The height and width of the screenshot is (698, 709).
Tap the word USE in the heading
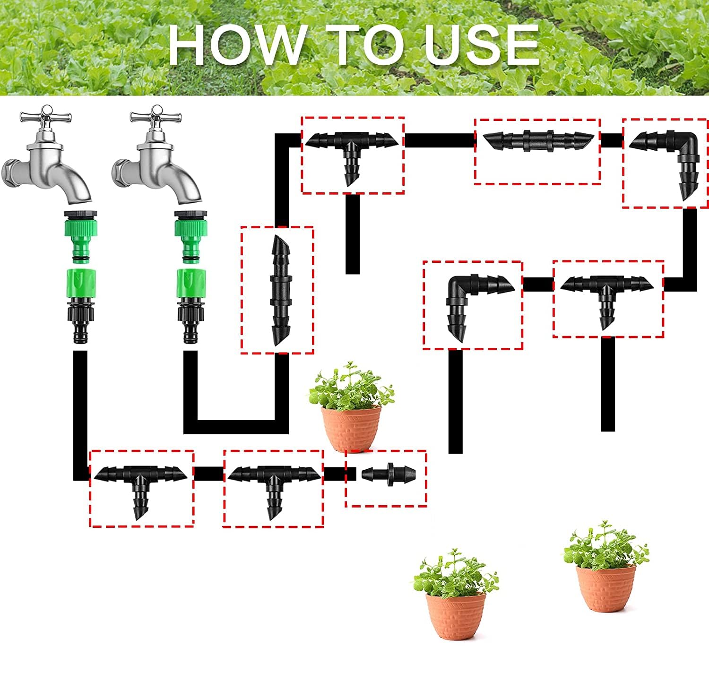coord(482,44)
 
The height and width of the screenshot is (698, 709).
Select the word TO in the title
coord(367,44)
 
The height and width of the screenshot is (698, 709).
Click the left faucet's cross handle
coord(45,116)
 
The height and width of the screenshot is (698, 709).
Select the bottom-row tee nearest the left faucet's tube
coord(140,482)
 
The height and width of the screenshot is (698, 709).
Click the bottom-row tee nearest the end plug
coord(273,482)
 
